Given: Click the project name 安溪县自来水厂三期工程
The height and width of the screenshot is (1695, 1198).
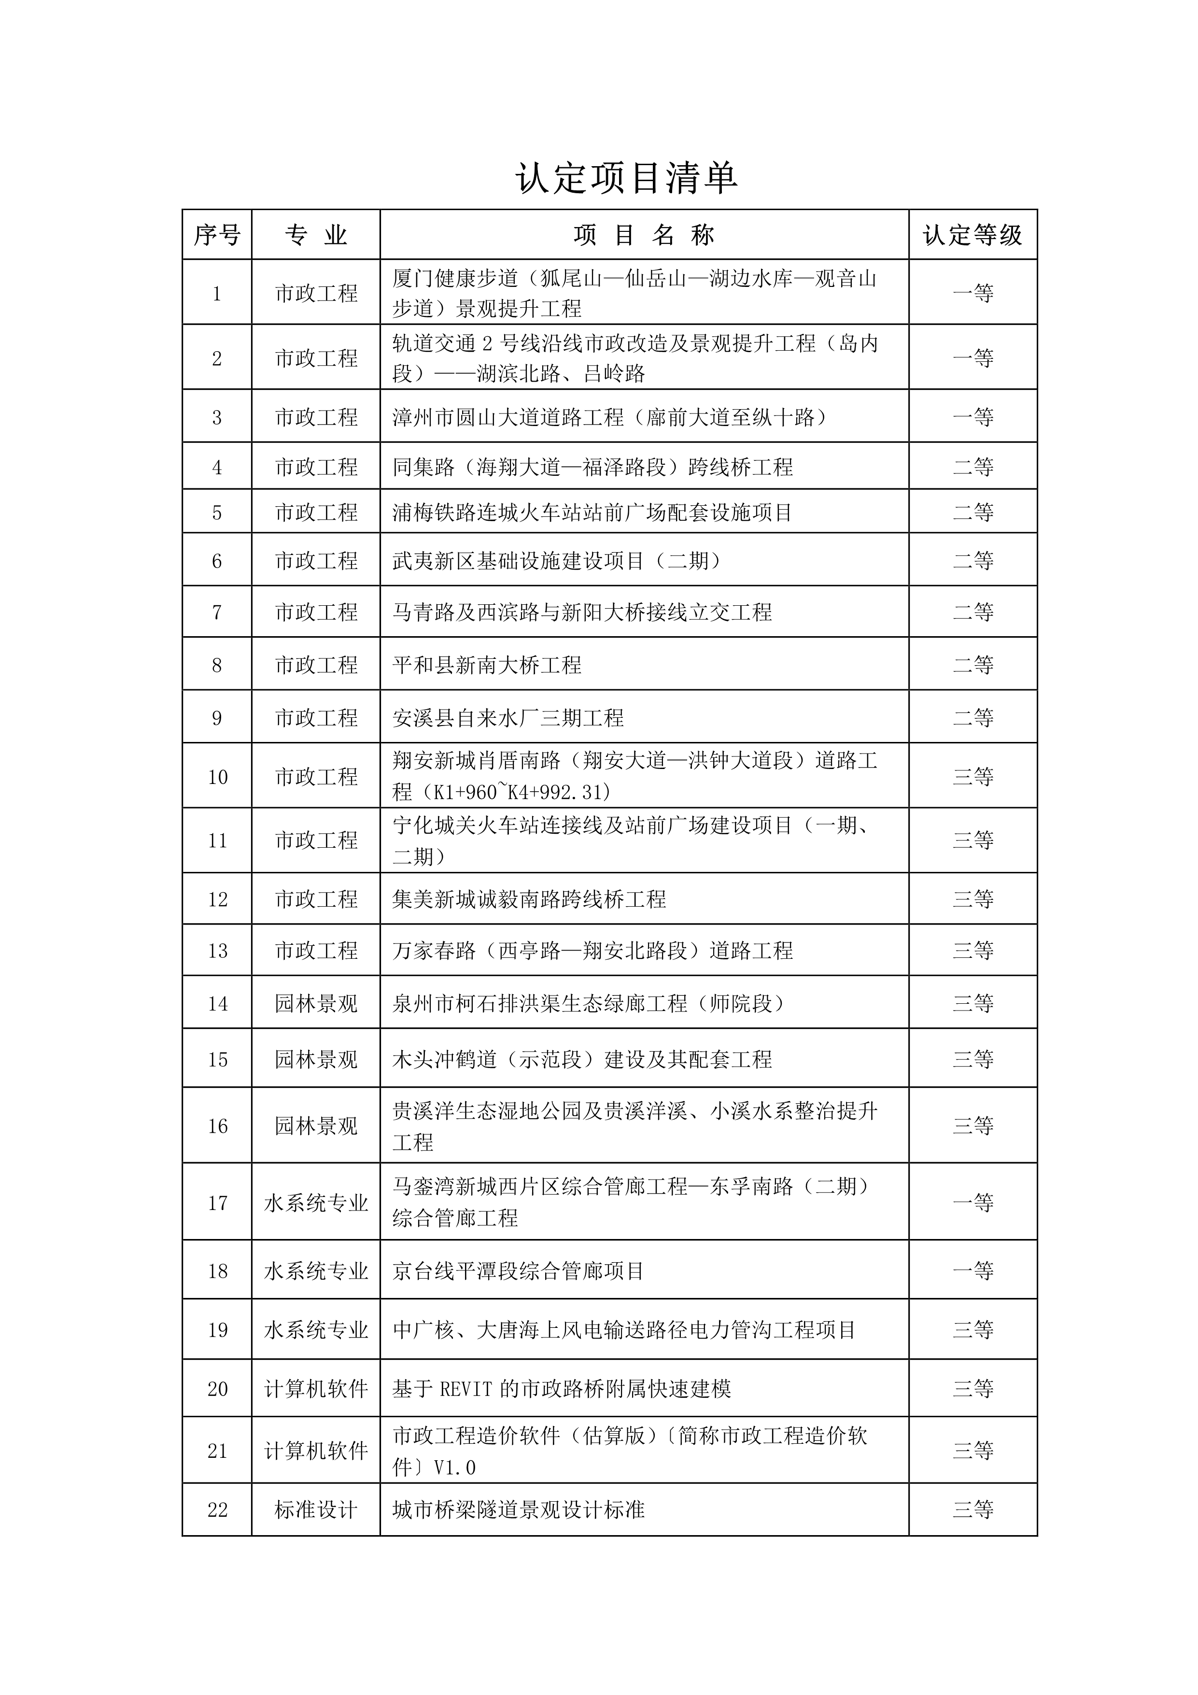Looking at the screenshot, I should click(x=508, y=718).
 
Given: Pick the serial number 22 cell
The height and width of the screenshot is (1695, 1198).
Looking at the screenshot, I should click(x=217, y=1509).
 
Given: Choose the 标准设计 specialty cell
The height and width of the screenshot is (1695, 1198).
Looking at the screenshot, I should click(x=316, y=1509).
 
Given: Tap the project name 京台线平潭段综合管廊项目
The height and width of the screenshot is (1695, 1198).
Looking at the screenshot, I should click(x=518, y=1270).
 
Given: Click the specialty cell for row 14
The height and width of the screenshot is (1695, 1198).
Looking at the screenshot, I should click(x=316, y=1003).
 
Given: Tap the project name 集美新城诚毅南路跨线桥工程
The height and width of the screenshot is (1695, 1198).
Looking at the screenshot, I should click(x=529, y=899).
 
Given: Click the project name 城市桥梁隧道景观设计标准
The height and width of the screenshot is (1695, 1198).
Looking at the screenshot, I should click(x=518, y=1509).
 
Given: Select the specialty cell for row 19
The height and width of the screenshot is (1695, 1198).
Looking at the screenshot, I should click(x=316, y=1329).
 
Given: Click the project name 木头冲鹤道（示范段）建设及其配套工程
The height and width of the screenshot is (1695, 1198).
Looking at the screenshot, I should click(x=582, y=1059).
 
